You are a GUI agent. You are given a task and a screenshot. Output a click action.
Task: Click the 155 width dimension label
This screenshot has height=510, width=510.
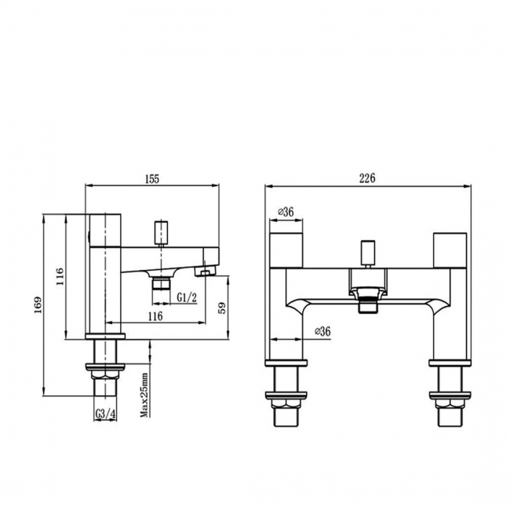(x=152, y=178)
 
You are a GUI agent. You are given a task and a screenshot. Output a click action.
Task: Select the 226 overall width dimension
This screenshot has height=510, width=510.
(x=367, y=178)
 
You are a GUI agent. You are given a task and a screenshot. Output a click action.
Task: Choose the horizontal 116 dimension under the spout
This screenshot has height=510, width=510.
(x=155, y=315)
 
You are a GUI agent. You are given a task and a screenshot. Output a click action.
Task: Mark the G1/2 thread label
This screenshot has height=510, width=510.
(x=186, y=297)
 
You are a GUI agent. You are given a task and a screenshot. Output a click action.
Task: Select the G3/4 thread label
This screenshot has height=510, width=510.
(x=105, y=414)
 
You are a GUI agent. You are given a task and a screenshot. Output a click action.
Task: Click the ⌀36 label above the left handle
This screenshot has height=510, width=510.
(x=286, y=212)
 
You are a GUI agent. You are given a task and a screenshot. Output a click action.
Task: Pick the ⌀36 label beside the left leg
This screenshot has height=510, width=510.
(x=321, y=332)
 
